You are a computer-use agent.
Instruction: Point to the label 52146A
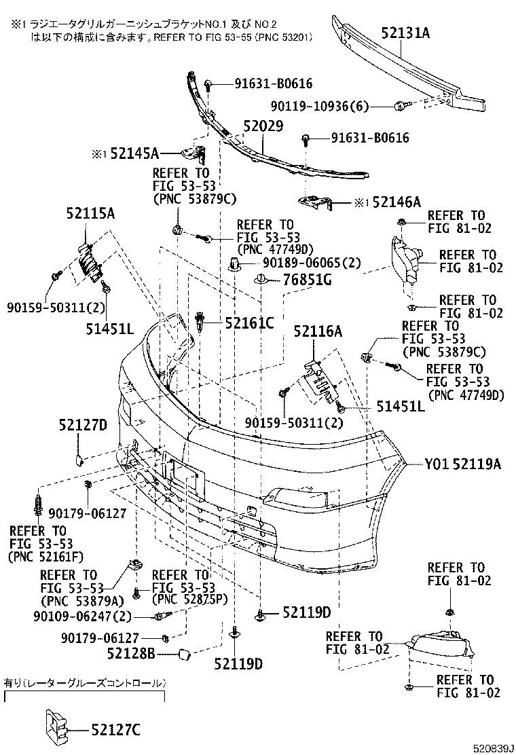pos(397,202)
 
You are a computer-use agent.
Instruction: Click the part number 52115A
pos(90,214)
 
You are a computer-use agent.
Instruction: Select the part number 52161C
pos(249,323)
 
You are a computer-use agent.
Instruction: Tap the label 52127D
pos(83,426)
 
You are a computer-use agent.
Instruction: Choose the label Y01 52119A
pos(463,464)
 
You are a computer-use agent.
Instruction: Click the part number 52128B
pos(131,654)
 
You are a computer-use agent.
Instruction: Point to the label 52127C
pos(115,729)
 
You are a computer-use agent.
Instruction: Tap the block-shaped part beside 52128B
pos(183,654)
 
